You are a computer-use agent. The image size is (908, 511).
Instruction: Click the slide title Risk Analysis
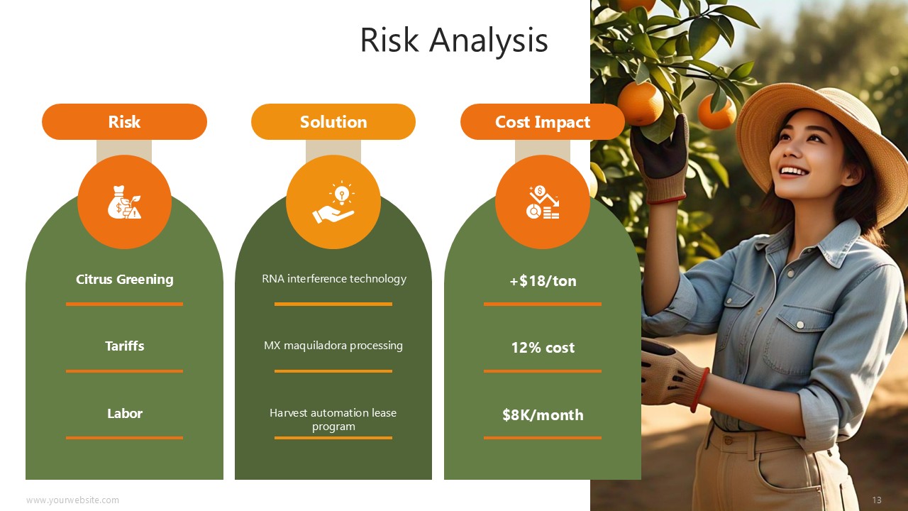coord(454,40)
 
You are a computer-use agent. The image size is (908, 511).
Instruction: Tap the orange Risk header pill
coord(124,121)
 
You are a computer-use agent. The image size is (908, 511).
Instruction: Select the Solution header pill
coord(333,121)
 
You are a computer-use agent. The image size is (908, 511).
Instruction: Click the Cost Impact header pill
coord(543,121)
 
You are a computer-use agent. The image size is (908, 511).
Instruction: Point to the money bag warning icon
coord(124,202)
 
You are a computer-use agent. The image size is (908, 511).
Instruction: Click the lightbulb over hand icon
coord(333,202)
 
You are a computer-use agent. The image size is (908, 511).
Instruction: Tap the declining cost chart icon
coord(543,202)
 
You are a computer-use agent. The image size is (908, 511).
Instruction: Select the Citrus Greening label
coord(124,280)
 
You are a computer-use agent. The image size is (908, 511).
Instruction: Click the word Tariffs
coord(124,346)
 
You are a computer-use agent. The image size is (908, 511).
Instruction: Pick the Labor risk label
coord(124,413)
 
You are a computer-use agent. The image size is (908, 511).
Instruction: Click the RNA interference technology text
coord(333,279)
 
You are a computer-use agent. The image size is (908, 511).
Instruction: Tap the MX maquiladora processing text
coord(333,346)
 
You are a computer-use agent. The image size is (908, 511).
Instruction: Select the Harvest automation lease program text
coord(333,419)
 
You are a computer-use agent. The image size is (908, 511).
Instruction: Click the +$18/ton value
coord(543,280)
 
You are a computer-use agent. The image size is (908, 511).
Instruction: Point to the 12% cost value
coord(543,348)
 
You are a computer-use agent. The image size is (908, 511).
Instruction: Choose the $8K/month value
coord(543,415)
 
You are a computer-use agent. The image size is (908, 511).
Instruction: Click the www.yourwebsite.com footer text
coord(72,500)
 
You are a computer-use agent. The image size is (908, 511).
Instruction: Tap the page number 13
coord(877,500)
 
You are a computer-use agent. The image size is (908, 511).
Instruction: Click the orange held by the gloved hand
coord(640,103)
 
